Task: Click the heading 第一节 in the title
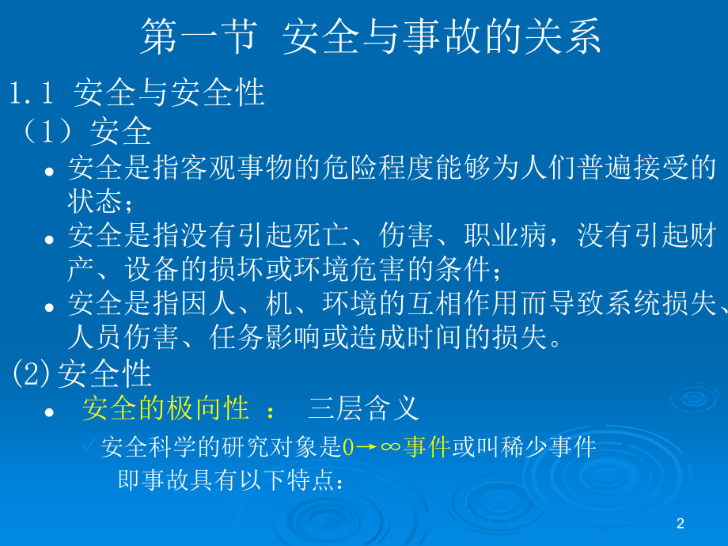[198, 38]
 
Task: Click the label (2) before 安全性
[32, 373]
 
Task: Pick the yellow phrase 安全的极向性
[166, 409]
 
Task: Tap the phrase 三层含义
[362, 409]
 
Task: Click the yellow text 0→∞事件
[396, 448]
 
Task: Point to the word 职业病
[518, 237]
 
